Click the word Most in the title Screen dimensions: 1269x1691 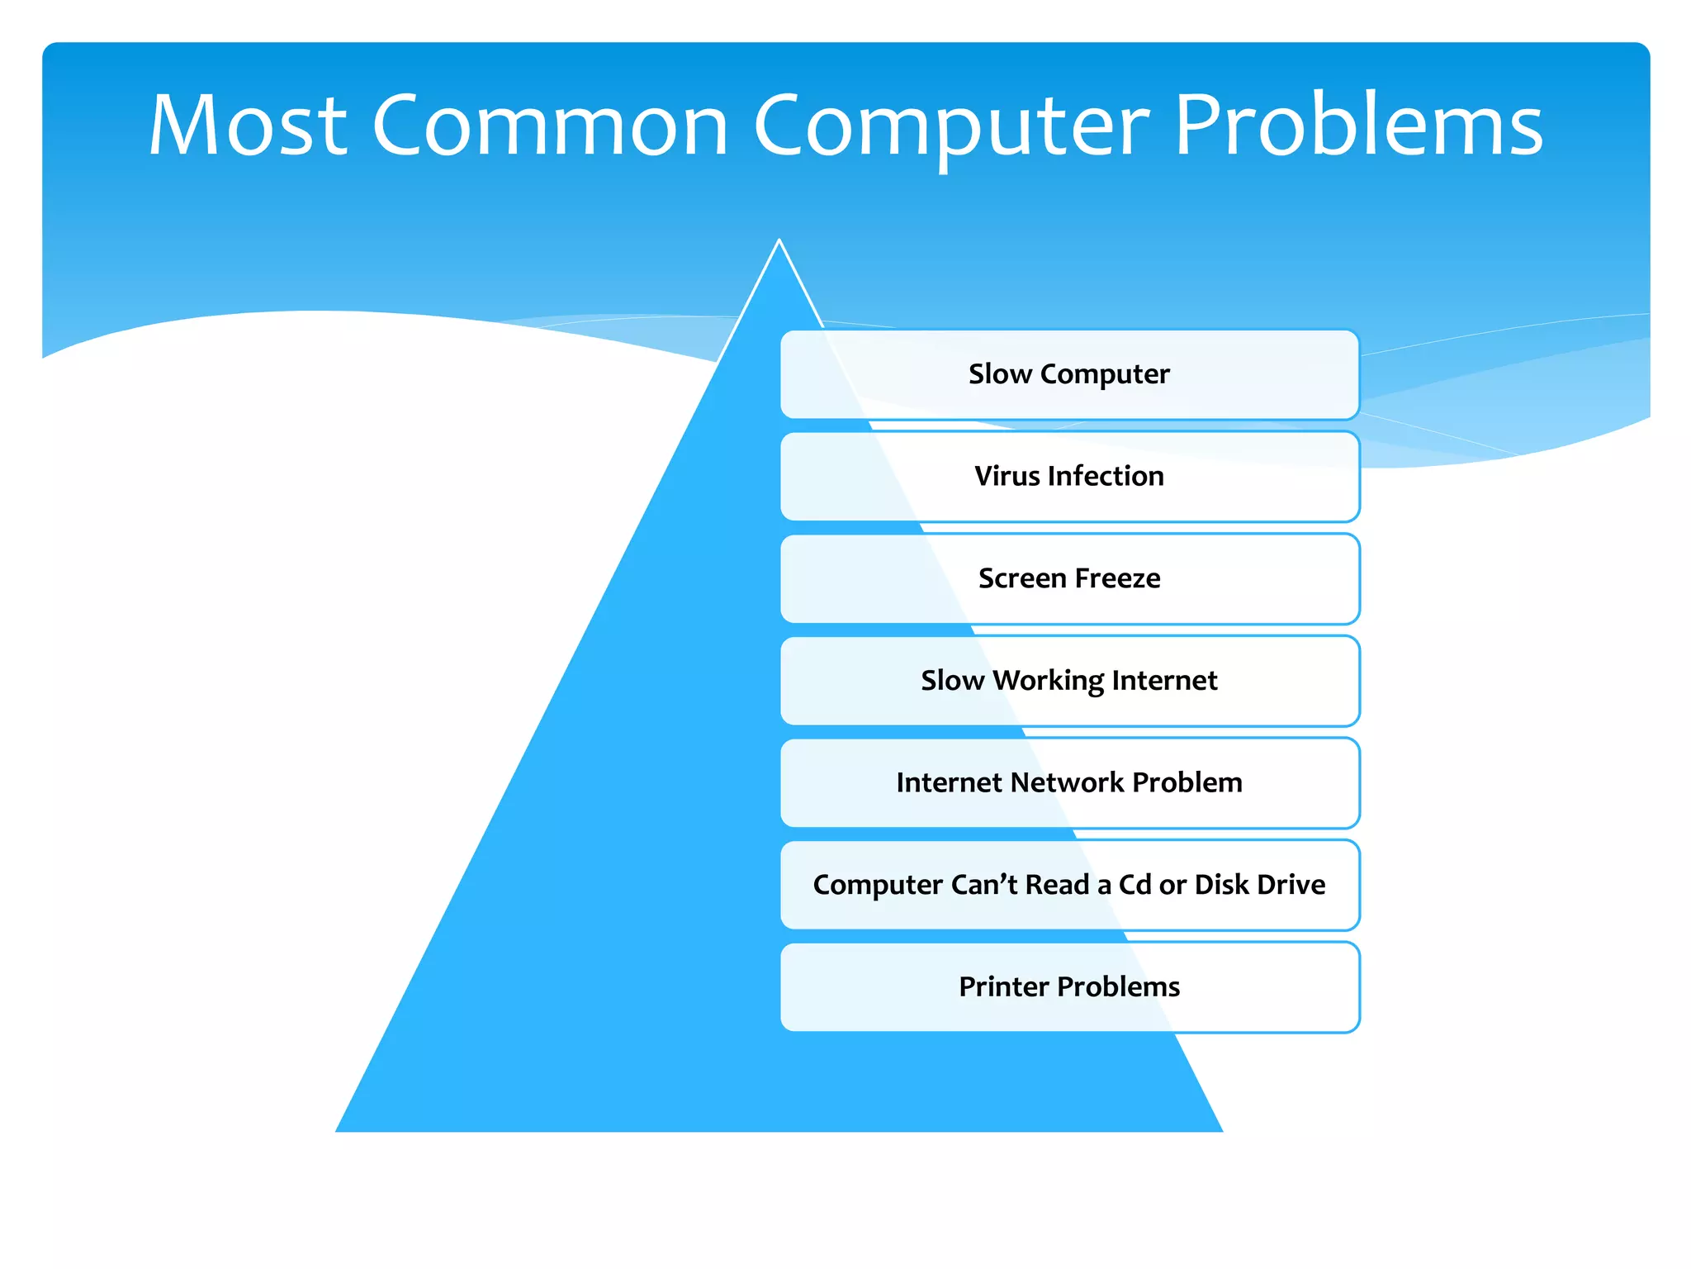248,126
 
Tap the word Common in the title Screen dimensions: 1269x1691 550,126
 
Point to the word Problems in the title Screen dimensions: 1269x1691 1358,126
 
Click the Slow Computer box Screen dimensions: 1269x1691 1069,374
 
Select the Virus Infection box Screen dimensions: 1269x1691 1069,477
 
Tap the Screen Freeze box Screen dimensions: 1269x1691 1069,578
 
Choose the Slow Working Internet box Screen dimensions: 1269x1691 1069,681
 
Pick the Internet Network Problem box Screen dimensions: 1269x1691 1069,782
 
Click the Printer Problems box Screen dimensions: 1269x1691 1069,986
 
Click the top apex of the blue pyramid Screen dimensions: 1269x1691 779,242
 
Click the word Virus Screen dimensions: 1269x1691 1007,477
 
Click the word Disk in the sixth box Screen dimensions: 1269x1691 1221,885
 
